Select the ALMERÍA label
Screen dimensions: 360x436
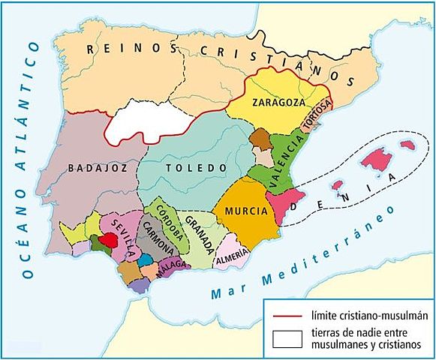click(229, 257)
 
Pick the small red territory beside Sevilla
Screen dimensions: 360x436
click(109, 240)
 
